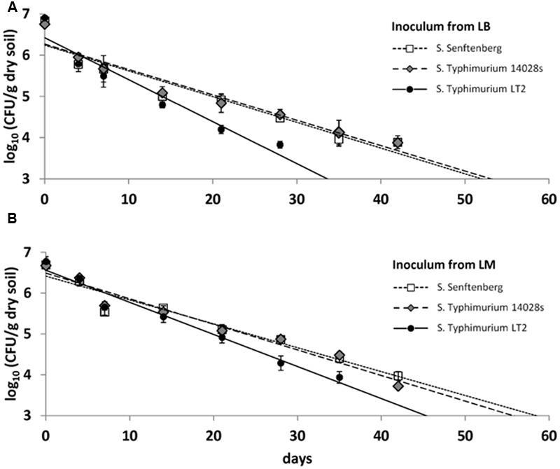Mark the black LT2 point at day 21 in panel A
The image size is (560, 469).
tap(221, 129)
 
